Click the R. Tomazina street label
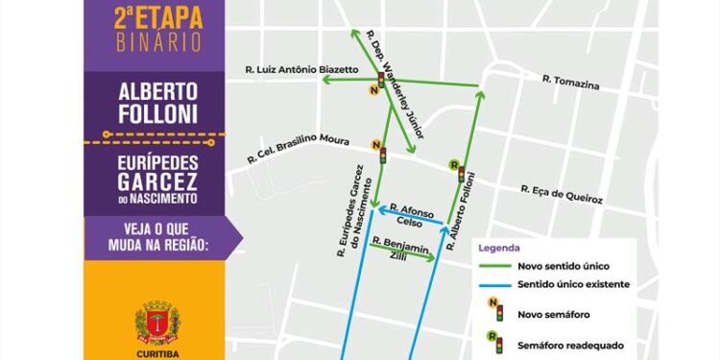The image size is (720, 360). (x=570, y=83)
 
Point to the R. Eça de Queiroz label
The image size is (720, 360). (x=562, y=194)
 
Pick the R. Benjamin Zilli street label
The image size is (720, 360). (x=395, y=247)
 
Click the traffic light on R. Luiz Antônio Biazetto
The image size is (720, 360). (x=381, y=81)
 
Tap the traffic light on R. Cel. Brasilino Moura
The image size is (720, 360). (x=382, y=154)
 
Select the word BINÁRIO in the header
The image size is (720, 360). (x=156, y=42)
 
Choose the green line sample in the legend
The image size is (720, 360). (x=494, y=265)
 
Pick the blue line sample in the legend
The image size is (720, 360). (x=494, y=284)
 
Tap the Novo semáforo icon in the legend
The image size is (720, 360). (x=494, y=311)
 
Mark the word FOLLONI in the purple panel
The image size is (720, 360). (x=157, y=114)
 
